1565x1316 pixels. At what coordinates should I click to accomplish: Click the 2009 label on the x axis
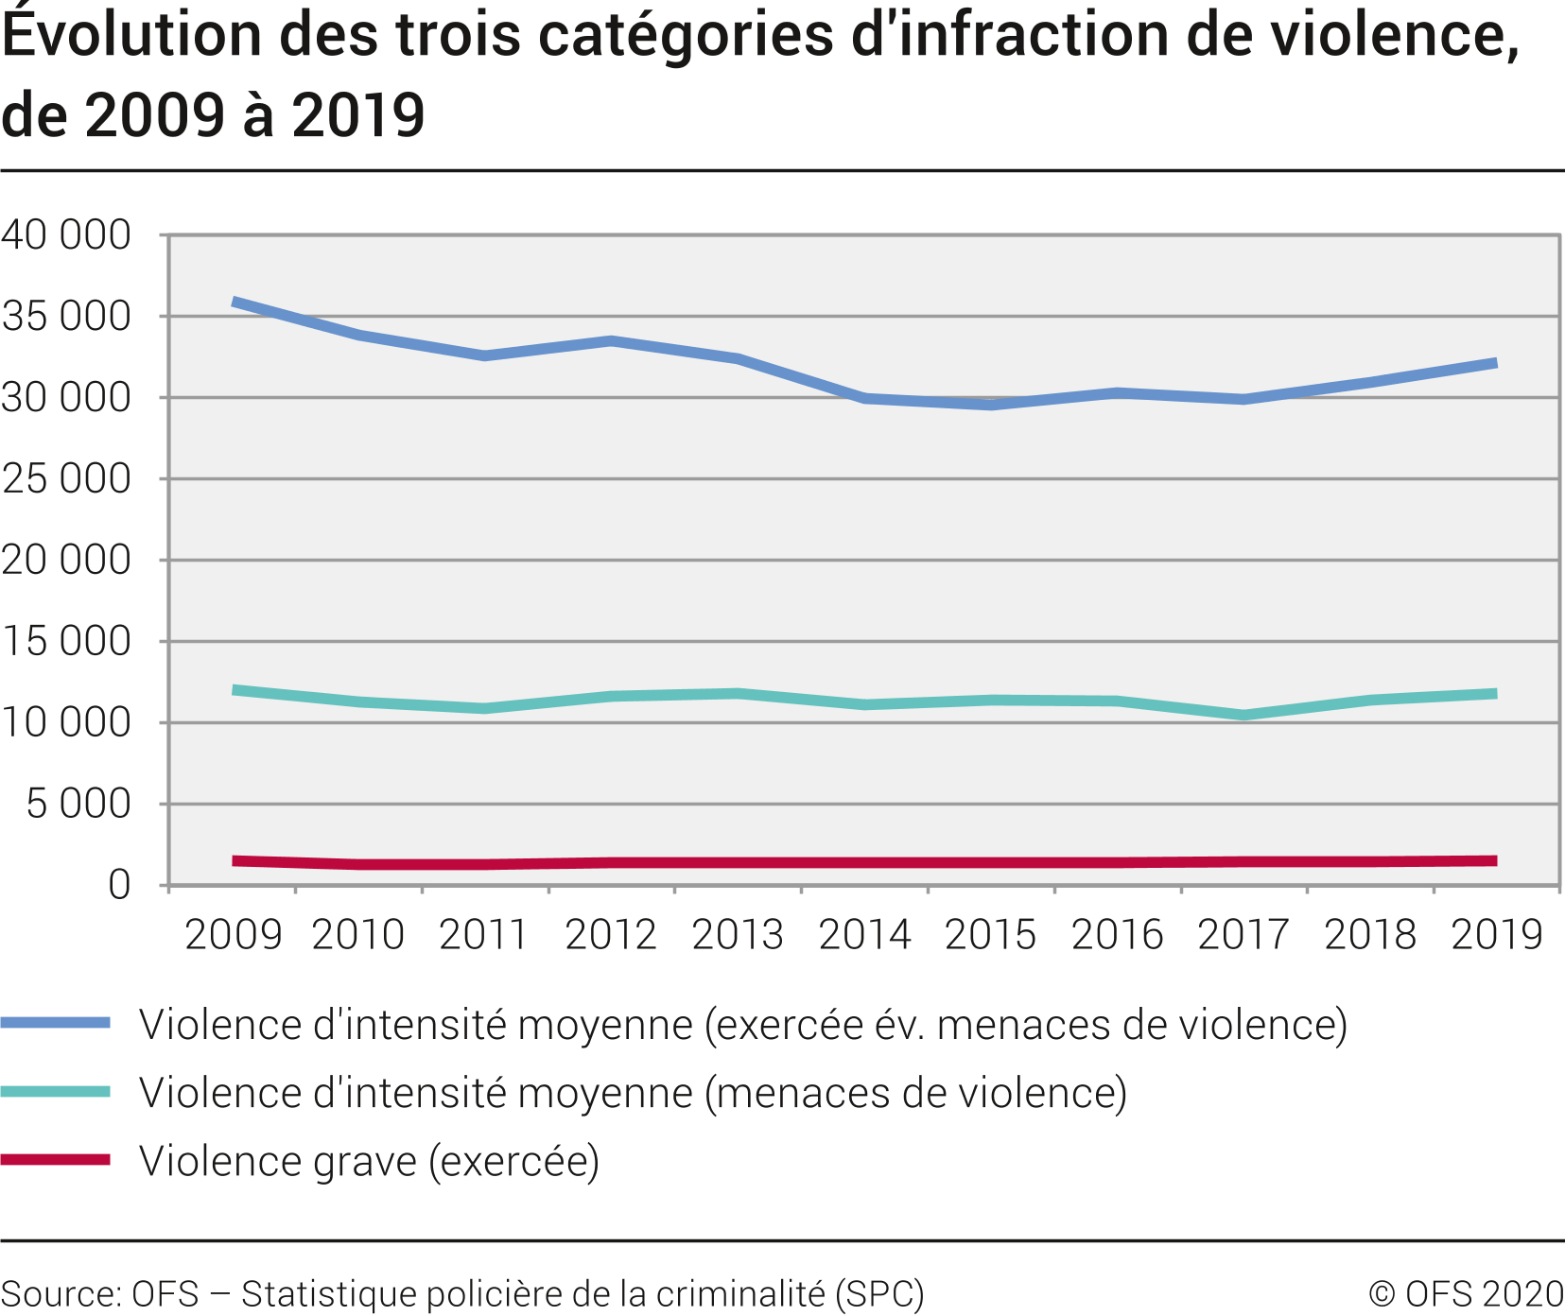pos(234,935)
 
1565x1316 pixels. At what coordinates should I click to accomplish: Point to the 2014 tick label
pos(864,935)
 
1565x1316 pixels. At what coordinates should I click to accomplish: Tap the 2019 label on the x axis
pos(1496,935)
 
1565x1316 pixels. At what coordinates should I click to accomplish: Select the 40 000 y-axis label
pos(66,234)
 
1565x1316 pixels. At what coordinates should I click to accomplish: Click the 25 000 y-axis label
pos(66,479)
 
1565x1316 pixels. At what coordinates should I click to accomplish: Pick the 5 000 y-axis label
pos(78,805)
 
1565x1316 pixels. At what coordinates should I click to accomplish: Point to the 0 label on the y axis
pos(119,886)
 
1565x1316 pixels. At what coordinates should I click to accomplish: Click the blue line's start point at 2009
pos(234,303)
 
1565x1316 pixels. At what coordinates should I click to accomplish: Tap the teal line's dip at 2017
pos(1243,715)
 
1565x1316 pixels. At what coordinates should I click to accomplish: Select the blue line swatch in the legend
pos(55,1023)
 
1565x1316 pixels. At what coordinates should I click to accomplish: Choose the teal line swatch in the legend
pos(55,1092)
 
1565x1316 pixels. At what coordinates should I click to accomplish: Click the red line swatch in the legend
pos(55,1160)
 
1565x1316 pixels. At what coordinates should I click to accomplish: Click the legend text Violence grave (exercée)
pos(369,1161)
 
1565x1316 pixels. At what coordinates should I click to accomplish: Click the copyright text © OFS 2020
pos(1466,1293)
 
